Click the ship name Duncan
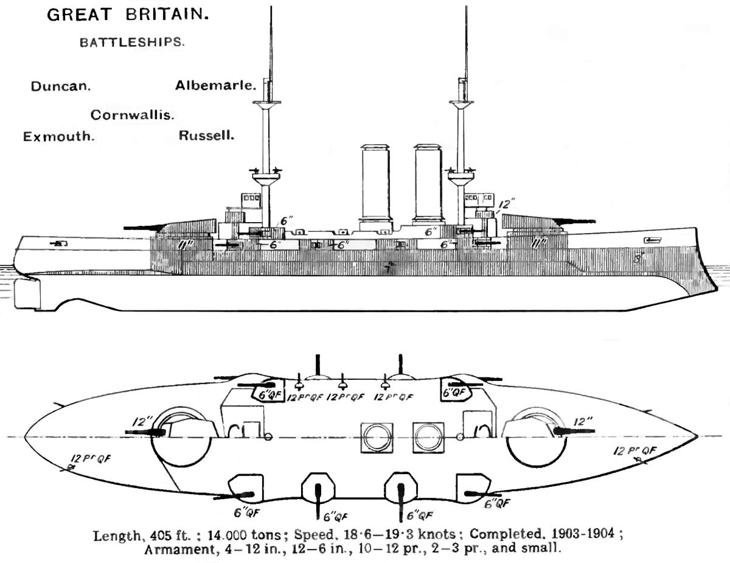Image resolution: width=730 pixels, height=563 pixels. (x=61, y=86)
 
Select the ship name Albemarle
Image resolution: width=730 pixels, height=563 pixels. (x=215, y=85)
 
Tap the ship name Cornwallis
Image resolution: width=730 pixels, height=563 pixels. (x=133, y=114)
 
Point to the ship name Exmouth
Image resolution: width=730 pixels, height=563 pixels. (x=58, y=136)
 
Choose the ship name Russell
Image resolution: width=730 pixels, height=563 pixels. (x=207, y=135)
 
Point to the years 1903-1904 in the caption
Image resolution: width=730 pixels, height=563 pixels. (x=589, y=537)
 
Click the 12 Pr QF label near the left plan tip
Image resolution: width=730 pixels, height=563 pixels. (x=90, y=460)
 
